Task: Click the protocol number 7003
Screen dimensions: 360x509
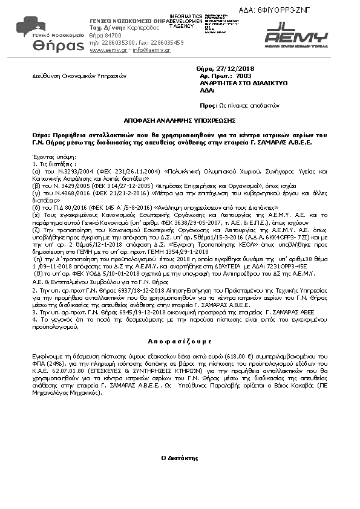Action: click(x=244, y=77)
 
